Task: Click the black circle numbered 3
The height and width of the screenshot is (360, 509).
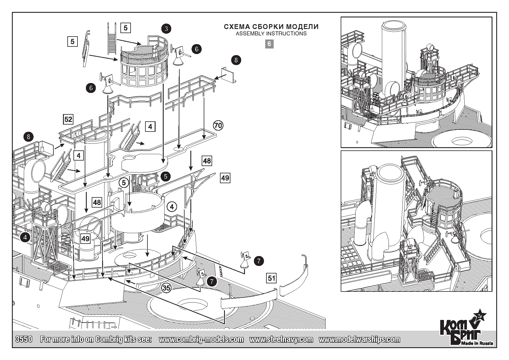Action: coord(166,28)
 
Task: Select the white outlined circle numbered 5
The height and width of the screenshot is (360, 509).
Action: coord(124,183)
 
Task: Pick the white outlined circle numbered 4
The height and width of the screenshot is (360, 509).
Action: coord(172,207)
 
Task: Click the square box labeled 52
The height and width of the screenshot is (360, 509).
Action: coord(68,119)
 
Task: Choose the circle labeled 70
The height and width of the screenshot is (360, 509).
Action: coord(218,125)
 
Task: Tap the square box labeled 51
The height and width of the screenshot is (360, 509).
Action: coord(271,278)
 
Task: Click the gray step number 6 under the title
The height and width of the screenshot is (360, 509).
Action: coord(269,44)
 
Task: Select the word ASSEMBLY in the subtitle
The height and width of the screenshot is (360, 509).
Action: coord(248,34)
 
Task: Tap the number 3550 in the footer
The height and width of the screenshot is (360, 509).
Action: coord(23,339)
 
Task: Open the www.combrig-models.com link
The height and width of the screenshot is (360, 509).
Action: coord(201,339)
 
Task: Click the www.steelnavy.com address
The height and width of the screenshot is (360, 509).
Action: coord(281,339)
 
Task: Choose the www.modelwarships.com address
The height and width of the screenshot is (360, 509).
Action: coord(359,339)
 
